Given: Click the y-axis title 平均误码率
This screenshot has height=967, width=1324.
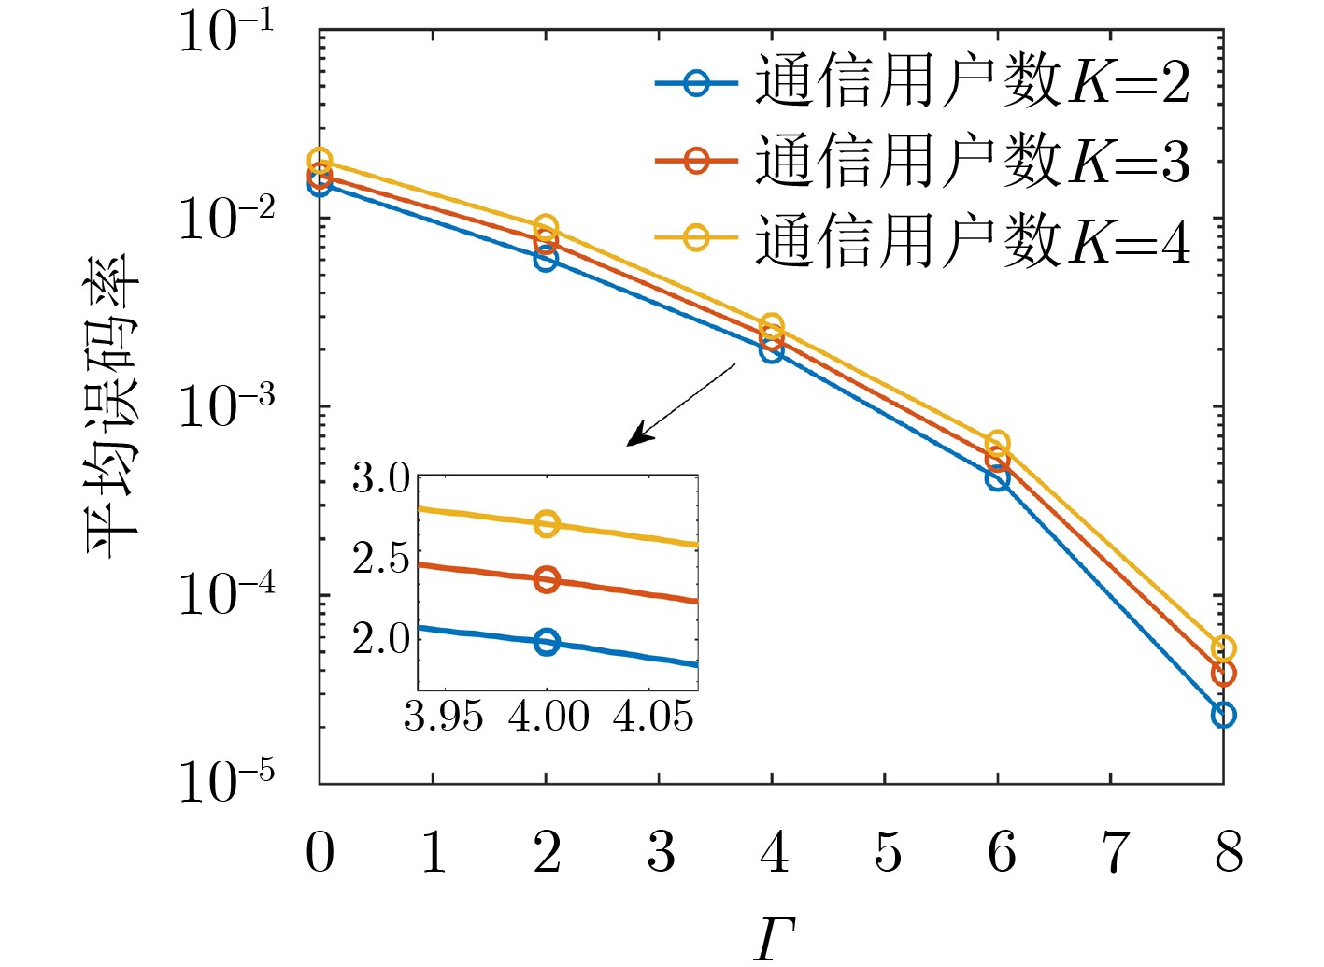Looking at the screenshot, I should pos(112,406).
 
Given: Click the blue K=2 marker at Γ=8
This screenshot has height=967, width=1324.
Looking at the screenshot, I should pos(1223,715).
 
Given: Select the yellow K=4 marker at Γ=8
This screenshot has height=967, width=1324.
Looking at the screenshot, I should pos(1223,648).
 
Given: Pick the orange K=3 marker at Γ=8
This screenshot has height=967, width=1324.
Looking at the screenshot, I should pos(1223,673).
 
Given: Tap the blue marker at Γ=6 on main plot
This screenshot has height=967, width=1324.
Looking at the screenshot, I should pos(997,478).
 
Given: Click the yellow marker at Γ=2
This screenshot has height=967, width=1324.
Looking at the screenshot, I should pos(546,227).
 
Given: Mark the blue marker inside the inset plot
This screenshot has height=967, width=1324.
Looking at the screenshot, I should pos(548,642).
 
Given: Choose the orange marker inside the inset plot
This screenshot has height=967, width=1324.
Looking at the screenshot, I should pos(548,579).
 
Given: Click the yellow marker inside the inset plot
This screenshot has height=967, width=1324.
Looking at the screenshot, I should pos(548,523).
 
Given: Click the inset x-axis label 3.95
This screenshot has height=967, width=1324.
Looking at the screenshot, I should pos(443,718).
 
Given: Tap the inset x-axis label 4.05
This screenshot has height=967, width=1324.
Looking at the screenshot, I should pos(654,718).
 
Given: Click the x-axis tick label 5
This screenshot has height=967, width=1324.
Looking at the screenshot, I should pos(888,852).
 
